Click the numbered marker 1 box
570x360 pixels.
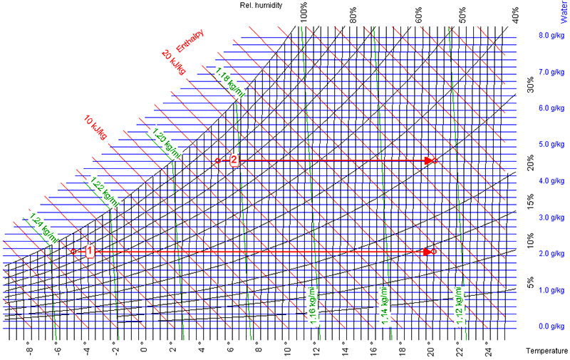click(89, 251)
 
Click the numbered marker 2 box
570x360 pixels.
click(234, 160)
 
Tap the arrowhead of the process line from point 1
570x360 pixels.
click(427, 251)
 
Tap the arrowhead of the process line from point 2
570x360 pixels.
click(429, 160)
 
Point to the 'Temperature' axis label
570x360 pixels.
click(546, 351)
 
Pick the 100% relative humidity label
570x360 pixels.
click(304, 14)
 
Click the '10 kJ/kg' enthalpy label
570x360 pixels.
click(95, 127)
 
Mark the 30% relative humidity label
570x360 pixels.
click(530, 85)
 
